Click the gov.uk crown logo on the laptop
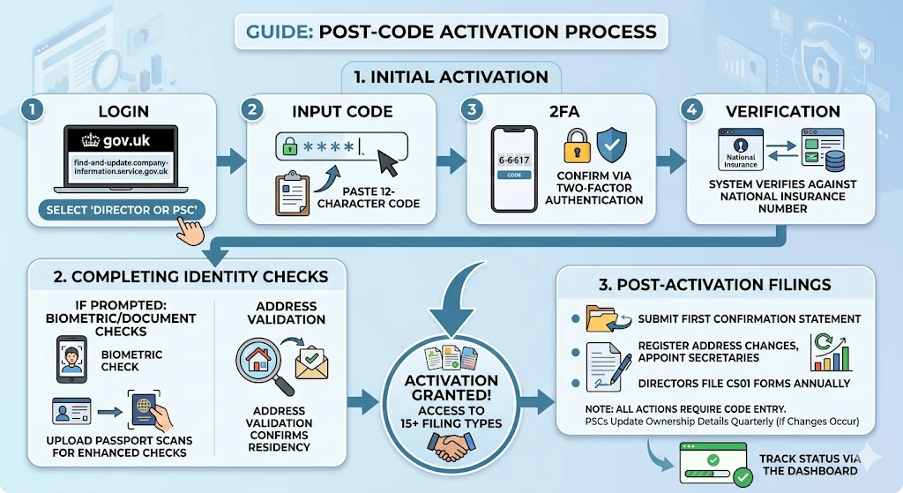(x=91, y=139)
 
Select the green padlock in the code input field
(x=290, y=145)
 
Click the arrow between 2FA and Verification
(x=675, y=160)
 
